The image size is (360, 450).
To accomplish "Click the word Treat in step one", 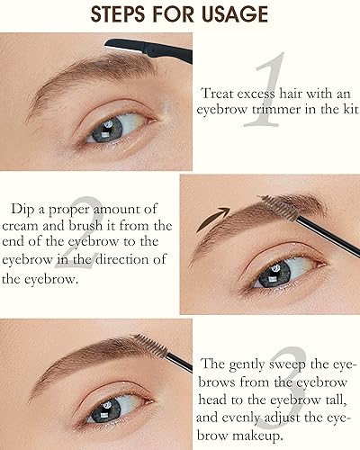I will [220, 91].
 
